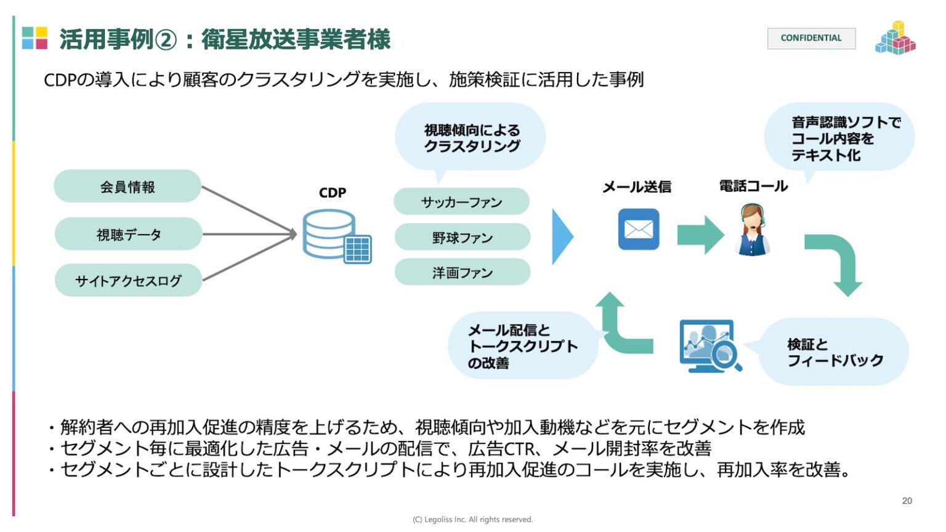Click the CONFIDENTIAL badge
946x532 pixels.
(x=811, y=38)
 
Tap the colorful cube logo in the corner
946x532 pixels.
(x=895, y=38)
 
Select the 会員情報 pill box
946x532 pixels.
(x=127, y=187)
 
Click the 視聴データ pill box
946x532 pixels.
(x=128, y=234)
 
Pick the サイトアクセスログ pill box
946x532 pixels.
(x=128, y=281)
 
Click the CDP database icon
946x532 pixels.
(x=336, y=236)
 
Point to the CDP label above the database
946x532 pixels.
(x=332, y=193)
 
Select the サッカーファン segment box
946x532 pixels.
(x=461, y=202)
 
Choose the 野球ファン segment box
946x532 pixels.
(x=462, y=237)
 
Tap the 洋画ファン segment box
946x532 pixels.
(x=462, y=272)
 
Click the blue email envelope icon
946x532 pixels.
(x=638, y=229)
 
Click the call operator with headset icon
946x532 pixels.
(x=752, y=230)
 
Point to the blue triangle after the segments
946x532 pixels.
(x=561, y=236)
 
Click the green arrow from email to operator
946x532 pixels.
(x=700, y=235)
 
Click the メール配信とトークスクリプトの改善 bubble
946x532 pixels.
(x=522, y=346)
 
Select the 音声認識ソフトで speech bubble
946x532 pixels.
(x=839, y=138)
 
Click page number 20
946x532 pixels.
(x=907, y=501)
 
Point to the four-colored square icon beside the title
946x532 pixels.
(x=34, y=38)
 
